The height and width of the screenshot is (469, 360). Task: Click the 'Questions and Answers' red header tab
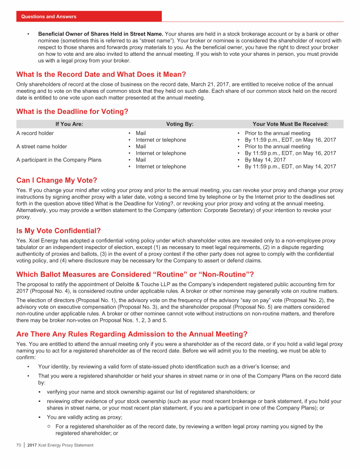pos(49,16)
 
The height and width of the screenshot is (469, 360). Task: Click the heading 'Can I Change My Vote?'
pos(57,180)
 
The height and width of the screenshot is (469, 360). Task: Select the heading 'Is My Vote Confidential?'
pos(59,230)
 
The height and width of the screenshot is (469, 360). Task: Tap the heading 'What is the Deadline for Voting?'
pos(72,112)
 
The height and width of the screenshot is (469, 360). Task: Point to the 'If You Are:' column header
pos(69,124)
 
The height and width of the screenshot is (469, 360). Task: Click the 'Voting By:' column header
pos(180,124)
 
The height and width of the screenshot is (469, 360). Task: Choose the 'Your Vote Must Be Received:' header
pos(290,124)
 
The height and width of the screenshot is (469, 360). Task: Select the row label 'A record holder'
pos(35,133)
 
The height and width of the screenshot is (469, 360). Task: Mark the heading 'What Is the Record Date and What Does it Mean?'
pos(101,74)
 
